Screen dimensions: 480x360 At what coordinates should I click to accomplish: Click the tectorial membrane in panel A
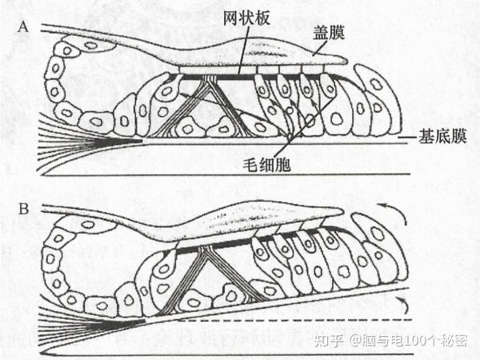tap(264, 58)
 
